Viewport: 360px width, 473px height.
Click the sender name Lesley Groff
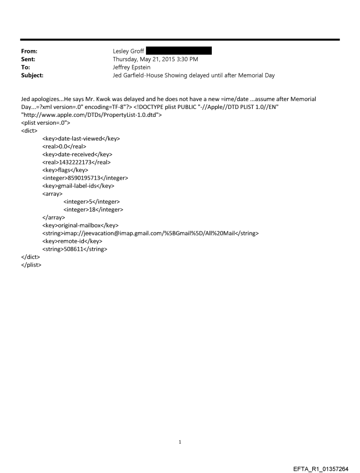click(x=128, y=51)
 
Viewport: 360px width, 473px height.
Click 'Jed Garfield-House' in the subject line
click(x=139, y=75)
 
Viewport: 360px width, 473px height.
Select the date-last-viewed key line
click(x=81, y=138)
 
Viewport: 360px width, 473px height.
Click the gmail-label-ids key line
click(x=79, y=186)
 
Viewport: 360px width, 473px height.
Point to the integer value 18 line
click(x=93, y=210)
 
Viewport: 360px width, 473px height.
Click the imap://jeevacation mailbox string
click(x=150, y=233)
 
